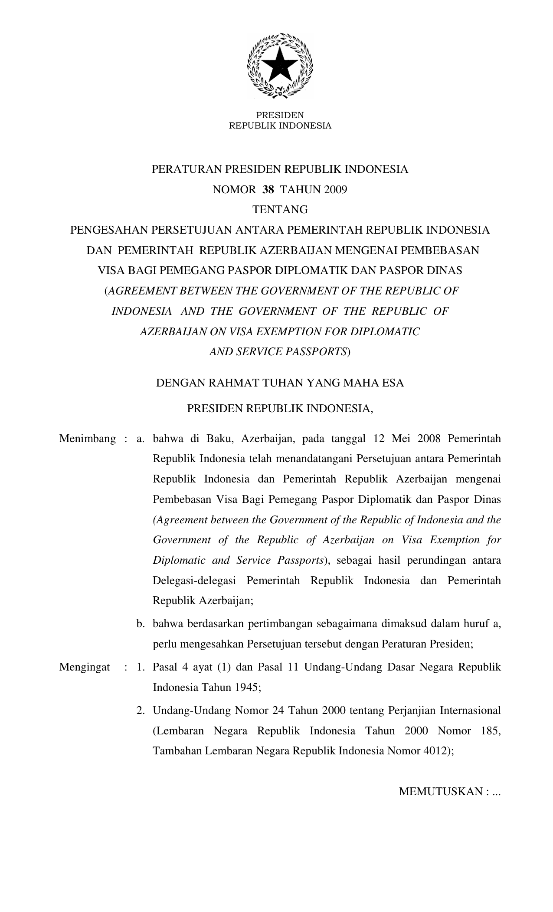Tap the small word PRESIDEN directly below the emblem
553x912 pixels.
(280, 115)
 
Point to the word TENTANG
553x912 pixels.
(280, 210)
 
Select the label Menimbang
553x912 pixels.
(88, 439)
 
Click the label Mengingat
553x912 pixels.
(85, 667)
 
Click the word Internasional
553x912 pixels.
(470, 710)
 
